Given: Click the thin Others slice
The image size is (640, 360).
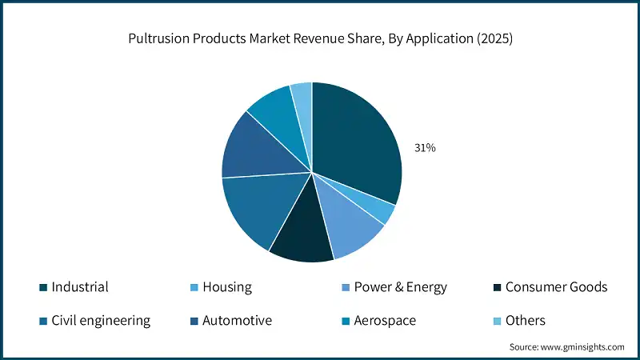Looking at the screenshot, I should click(302, 94).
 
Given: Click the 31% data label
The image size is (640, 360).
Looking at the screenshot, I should click(425, 148).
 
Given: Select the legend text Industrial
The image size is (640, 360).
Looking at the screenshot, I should click(80, 286).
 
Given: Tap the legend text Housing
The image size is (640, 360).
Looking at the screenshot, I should click(227, 286).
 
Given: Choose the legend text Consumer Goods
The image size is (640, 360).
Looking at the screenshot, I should click(556, 286).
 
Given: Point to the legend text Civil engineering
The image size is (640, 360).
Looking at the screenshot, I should click(101, 320).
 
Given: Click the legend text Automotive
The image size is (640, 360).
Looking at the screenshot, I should click(237, 320).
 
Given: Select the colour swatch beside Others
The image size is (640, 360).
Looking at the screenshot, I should click(498, 321).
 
